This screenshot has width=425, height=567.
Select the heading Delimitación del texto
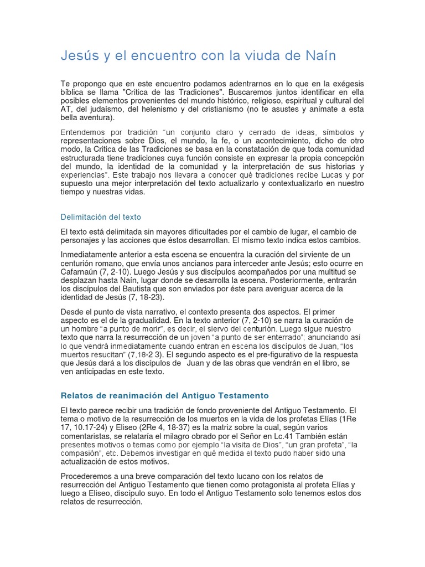pyautogui.click(x=101, y=217)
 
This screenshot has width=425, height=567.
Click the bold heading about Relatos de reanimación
pyautogui.click(x=164, y=395)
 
